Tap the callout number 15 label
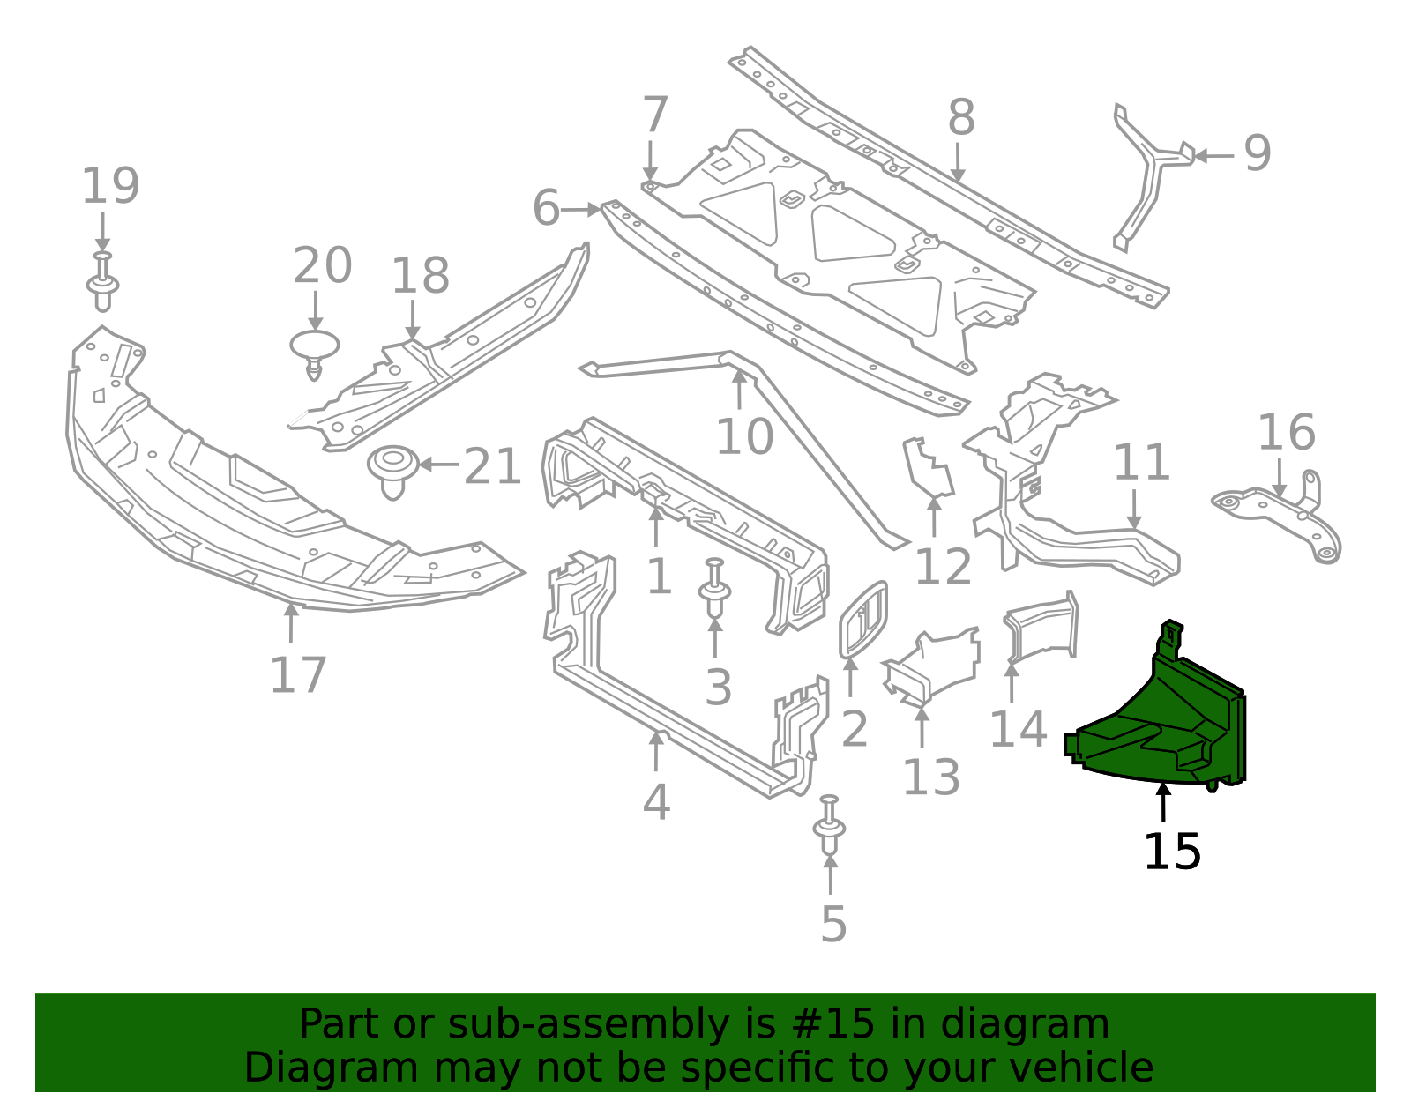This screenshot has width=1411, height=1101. (x=1172, y=852)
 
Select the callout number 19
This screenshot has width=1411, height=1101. (x=110, y=186)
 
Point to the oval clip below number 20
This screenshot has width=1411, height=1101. (x=315, y=350)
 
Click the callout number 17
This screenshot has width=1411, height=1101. (x=298, y=675)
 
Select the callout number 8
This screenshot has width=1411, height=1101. (x=961, y=117)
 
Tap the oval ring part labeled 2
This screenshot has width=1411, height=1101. (x=862, y=620)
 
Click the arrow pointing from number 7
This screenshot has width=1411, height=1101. (x=651, y=161)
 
